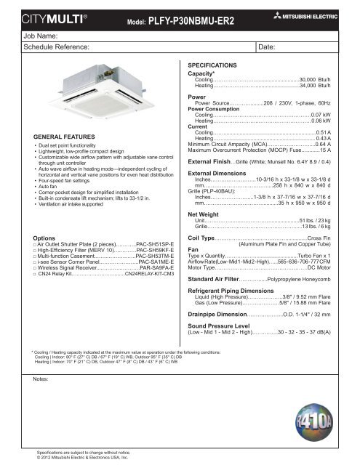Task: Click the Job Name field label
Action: (24, 34)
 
